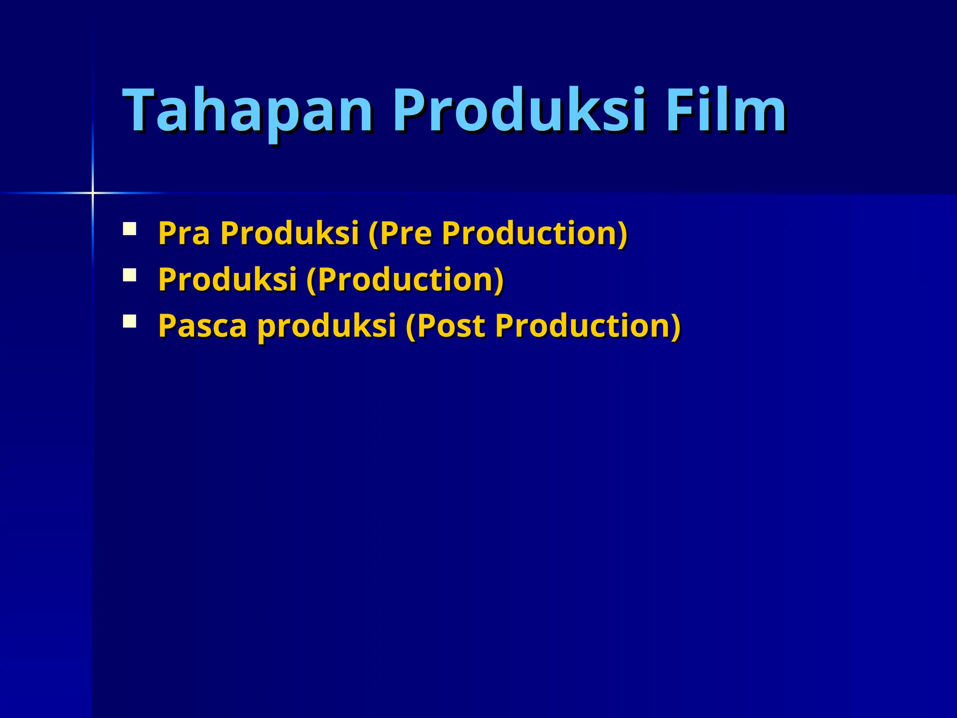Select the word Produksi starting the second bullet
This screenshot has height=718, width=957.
point(228,279)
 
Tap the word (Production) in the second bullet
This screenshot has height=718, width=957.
point(405,279)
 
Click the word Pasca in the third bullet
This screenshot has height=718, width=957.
point(202,325)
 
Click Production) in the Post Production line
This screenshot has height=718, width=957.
point(588,325)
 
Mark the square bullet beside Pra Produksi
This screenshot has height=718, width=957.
point(129,229)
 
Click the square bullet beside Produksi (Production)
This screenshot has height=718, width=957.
point(129,275)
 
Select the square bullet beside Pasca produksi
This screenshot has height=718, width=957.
point(129,321)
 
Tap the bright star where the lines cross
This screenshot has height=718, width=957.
point(93,193)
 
